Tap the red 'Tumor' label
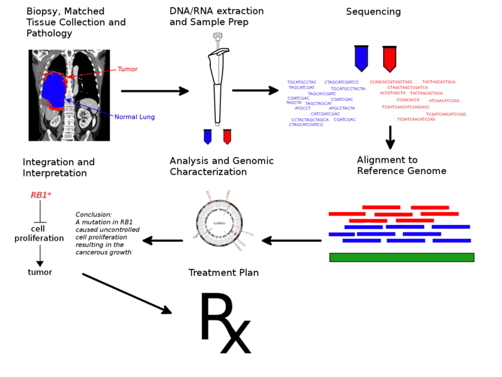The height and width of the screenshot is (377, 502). [x=127, y=69]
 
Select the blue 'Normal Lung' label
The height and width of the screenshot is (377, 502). [x=134, y=117]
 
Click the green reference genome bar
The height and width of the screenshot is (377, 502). [x=402, y=257]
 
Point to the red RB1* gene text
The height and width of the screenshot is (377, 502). [x=41, y=195]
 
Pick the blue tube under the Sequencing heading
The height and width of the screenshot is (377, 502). [x=361, y=58]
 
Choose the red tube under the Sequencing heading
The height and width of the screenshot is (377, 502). [x=390, y=58]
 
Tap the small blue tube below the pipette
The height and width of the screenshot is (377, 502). [x=208, y=136]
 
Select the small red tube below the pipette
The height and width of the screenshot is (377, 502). [x=227, y=136]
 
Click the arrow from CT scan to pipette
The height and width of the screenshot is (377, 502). [x=154, y=91]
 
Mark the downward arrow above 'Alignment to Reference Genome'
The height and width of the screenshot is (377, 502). [x=390, y=137]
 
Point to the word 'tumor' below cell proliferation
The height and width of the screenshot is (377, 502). [x=40, y=272]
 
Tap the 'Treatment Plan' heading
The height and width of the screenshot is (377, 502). [x=223, y=273]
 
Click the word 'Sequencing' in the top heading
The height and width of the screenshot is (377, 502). [x=373, y=12]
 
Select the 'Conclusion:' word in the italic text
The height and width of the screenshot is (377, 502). [x=93, y=214]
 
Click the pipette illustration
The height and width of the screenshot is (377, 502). [x=217, y=79]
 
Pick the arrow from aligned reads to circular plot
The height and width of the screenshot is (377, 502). [x=291, y=240]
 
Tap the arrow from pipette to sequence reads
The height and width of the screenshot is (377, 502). [x=255, y=90]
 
